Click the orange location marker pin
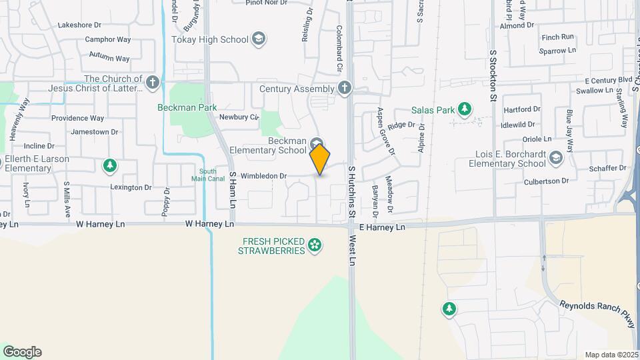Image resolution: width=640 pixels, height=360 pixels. (320, 159)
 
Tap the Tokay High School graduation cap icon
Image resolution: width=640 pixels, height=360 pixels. (258, 39)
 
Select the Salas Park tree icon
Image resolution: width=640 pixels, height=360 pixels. (465, 109)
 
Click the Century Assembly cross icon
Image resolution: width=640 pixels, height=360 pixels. (344, 88)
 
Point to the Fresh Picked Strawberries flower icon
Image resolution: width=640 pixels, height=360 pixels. (315, 247)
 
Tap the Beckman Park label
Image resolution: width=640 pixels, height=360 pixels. (187, 107)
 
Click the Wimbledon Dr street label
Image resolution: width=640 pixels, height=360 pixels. (263, 176)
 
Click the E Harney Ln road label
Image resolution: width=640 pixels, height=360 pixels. (382, 227)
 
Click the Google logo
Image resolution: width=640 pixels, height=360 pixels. (22, 351)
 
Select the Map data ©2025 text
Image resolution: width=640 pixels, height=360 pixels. (610, 355)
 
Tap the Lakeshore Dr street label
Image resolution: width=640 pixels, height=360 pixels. (79, 25)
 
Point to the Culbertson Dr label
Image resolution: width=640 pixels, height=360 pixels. (546, 181)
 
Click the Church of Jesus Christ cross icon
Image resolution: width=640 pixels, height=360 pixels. (153, 83)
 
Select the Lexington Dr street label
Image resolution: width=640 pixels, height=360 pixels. (131, 187)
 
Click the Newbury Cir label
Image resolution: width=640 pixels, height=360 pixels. (239, 117)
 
